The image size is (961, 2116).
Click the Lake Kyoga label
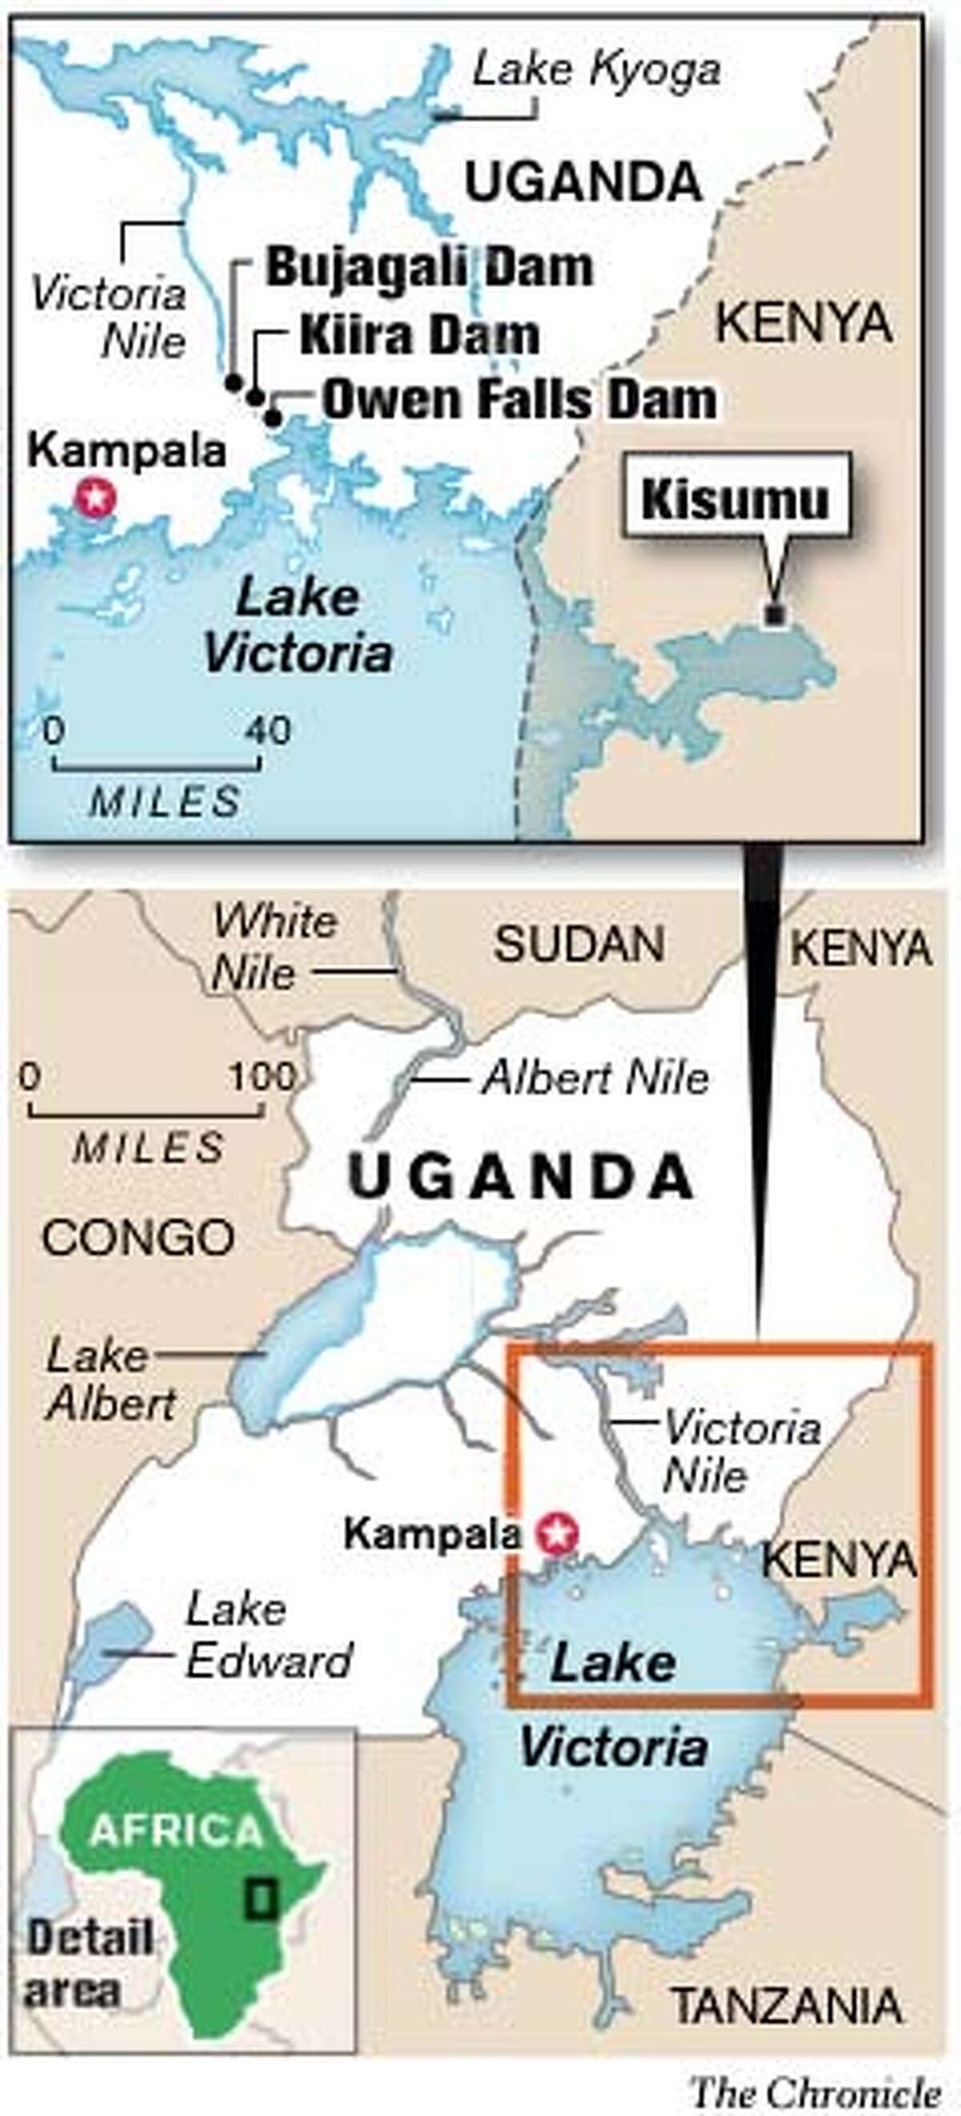click(x=597, y=71)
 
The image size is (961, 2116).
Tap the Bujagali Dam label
click(x=428, y=268)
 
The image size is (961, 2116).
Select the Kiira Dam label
click(x=419, y=336)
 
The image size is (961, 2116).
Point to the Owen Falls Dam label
click(x=519, y=399)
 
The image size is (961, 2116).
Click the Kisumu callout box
click(x=735, y=498)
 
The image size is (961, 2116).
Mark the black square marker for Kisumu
click(x=772, y=614)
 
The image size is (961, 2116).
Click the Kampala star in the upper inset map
click(x=95, y=496)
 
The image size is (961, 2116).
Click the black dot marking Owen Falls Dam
click(x=274, y=418)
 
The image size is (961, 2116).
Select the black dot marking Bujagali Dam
click(x=234, y=382)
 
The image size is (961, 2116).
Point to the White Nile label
click(x=273, y=947)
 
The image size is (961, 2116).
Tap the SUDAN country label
click(x=579, y=944)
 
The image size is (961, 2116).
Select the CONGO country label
click(x=138, y=1237)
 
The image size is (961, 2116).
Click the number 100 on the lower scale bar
click(x=261, y=1077)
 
